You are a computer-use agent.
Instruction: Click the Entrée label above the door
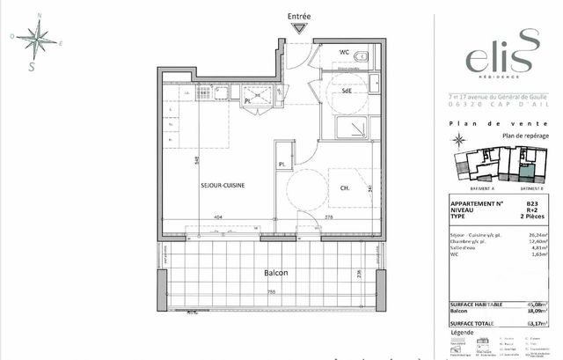[300, 17]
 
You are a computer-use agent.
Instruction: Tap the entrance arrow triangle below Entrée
[300, 28]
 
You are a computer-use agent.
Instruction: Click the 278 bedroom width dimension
[328, 217]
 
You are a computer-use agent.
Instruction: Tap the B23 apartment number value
[531, 204]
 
